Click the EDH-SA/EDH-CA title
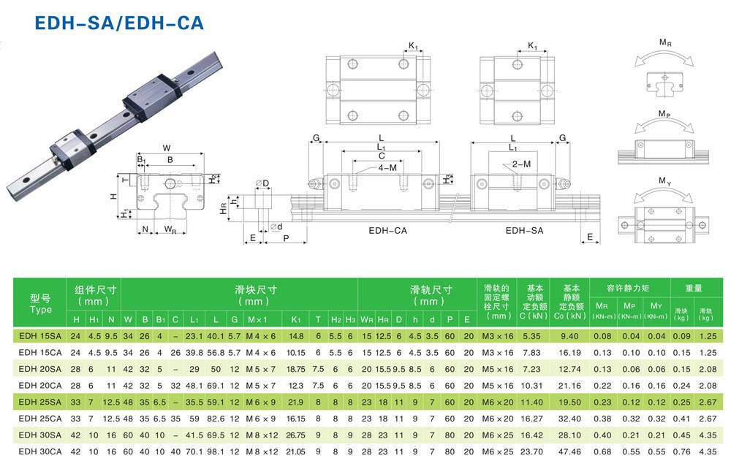click(119, 23)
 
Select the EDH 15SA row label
click(39, 336)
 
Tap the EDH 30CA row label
click(39, 451)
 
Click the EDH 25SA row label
click(39, 402)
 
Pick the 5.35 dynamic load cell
click(531, 336)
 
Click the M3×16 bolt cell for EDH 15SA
click(497, 336)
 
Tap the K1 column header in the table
click(296, 319)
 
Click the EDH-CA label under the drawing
click(387, 231)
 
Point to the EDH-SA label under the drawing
click(524, 231)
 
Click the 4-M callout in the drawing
click(387, 167)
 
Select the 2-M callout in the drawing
click(521, 164)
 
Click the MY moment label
click(664, 180)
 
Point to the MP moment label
click(664, 115)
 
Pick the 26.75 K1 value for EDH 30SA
click(296, 435)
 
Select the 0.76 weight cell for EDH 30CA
click(681, 451)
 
